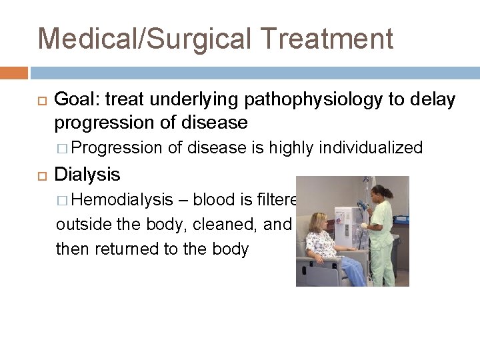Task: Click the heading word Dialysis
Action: click(87, 175)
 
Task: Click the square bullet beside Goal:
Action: click(37, 101)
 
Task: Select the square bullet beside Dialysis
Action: click(37, 175)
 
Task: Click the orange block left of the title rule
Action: click(14, 72)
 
